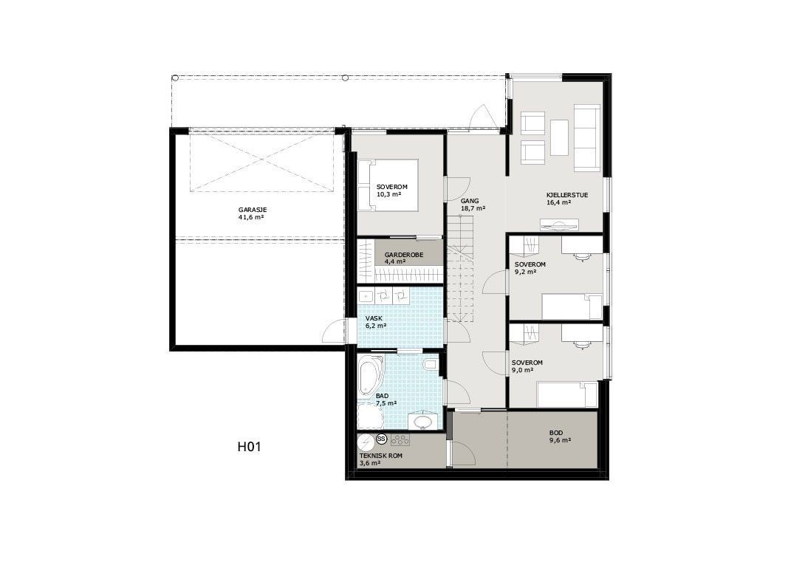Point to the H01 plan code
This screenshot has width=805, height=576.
click(250, 446)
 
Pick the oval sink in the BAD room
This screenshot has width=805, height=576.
click(422, 421)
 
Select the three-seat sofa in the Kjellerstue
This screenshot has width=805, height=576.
click(586, 136)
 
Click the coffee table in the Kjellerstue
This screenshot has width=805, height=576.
click(560, 137)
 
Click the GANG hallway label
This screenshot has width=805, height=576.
click(469, 200)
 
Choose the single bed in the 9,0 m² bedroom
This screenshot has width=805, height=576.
click(566, 394)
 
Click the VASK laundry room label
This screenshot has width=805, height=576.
click(373, 318)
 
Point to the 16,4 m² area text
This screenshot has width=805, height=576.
click(558, 202)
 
